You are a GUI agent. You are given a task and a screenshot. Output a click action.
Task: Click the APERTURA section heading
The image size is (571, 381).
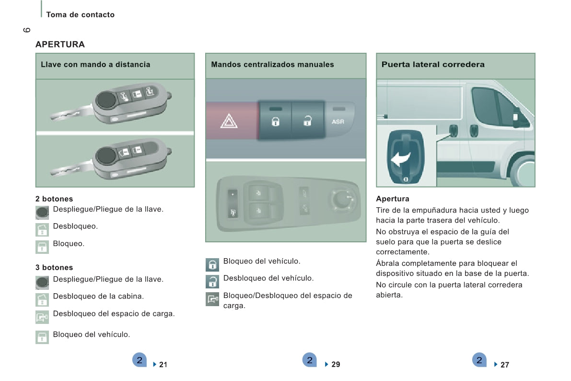coord(60,45)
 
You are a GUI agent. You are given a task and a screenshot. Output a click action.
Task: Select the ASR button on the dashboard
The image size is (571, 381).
coord(338,122)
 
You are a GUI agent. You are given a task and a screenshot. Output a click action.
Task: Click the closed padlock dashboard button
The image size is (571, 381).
coord(275,120)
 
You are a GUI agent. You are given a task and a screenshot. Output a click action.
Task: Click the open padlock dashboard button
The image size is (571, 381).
coord(307,120)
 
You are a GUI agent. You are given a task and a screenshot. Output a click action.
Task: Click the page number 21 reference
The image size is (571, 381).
coord(163,365)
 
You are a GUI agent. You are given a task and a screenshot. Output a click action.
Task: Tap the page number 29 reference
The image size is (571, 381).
coord(335,365)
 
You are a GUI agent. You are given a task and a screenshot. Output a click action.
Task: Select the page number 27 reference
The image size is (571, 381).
coord(504,365)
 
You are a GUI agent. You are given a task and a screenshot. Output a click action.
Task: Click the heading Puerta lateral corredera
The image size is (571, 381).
coord(433,64)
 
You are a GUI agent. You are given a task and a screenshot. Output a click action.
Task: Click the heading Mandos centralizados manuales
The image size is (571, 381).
coord(272,64)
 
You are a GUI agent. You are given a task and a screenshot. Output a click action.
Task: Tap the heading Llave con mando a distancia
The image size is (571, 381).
coord(95,64)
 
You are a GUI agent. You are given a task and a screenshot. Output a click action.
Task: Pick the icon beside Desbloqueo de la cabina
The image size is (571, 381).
coord(42,300)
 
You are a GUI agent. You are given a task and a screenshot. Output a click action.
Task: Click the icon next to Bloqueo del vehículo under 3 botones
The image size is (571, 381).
coord(42,337)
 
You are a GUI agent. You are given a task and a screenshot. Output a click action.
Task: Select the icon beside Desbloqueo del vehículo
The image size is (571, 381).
coord(212,281)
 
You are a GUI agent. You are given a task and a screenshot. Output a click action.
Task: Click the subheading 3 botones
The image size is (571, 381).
coord(54,268)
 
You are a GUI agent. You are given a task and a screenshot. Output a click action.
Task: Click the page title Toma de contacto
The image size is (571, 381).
coord(80,15)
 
